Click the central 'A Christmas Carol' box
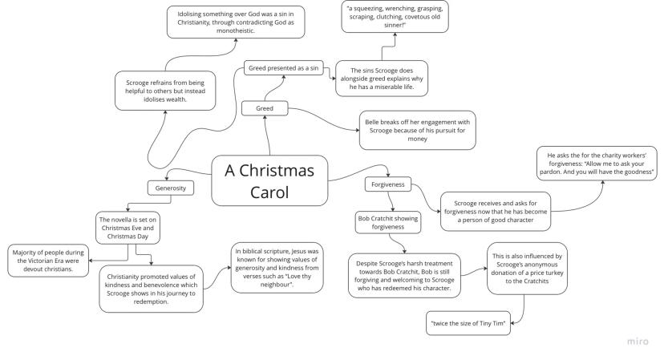pyautogui.click(x=269, y=181)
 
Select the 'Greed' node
pyautogui.click(x=265, y=107)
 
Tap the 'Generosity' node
pyautogui.click(x=171, y=188)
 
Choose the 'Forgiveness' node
pyautogui.click(x=389, y=184)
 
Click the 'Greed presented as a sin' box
pyautogui.click(x=283, y=68)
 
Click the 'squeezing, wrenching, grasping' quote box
pyautogui.click(x=395, y=16)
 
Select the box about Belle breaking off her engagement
pyautogui.click(x=417, y=130)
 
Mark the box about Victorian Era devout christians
pyautogui.click(x=48, y=260)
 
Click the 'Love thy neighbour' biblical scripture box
pyautogui.click(x=275, y=268)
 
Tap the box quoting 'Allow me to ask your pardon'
pyautogui.click(x=601, y=164)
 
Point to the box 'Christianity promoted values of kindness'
pyautogui.click(x=150, y=289)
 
